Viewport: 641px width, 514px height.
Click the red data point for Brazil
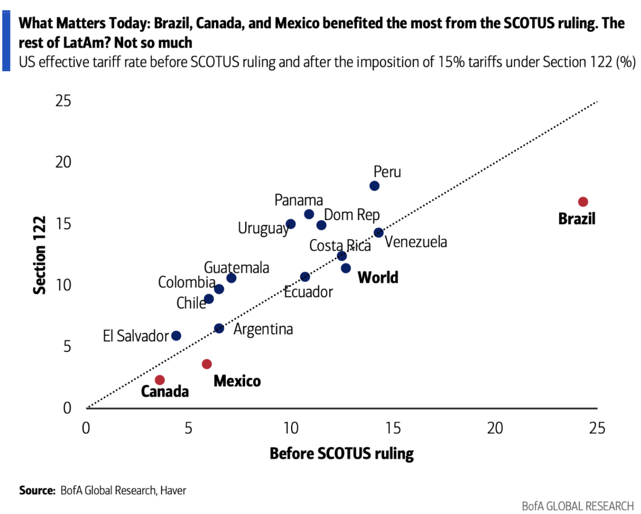583,202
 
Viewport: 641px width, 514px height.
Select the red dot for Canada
160,380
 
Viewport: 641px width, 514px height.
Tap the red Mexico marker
207,364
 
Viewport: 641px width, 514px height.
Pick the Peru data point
375,186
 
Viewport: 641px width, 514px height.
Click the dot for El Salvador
176,336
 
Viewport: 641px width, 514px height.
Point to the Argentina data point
219,328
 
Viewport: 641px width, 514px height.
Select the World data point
346,268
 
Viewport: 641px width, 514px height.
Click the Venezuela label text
416,242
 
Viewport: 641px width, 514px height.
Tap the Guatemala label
237,268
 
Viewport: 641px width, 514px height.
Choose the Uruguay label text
264,229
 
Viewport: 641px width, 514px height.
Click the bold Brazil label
577,218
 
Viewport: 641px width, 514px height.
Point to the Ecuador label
308,292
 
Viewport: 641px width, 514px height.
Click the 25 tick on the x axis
597,427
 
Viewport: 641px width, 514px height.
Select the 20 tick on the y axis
64,162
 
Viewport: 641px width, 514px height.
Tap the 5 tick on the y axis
67,347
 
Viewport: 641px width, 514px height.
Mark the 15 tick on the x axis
393,427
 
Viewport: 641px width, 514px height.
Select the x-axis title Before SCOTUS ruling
341,454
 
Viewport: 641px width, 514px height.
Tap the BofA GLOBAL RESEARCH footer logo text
578,506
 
